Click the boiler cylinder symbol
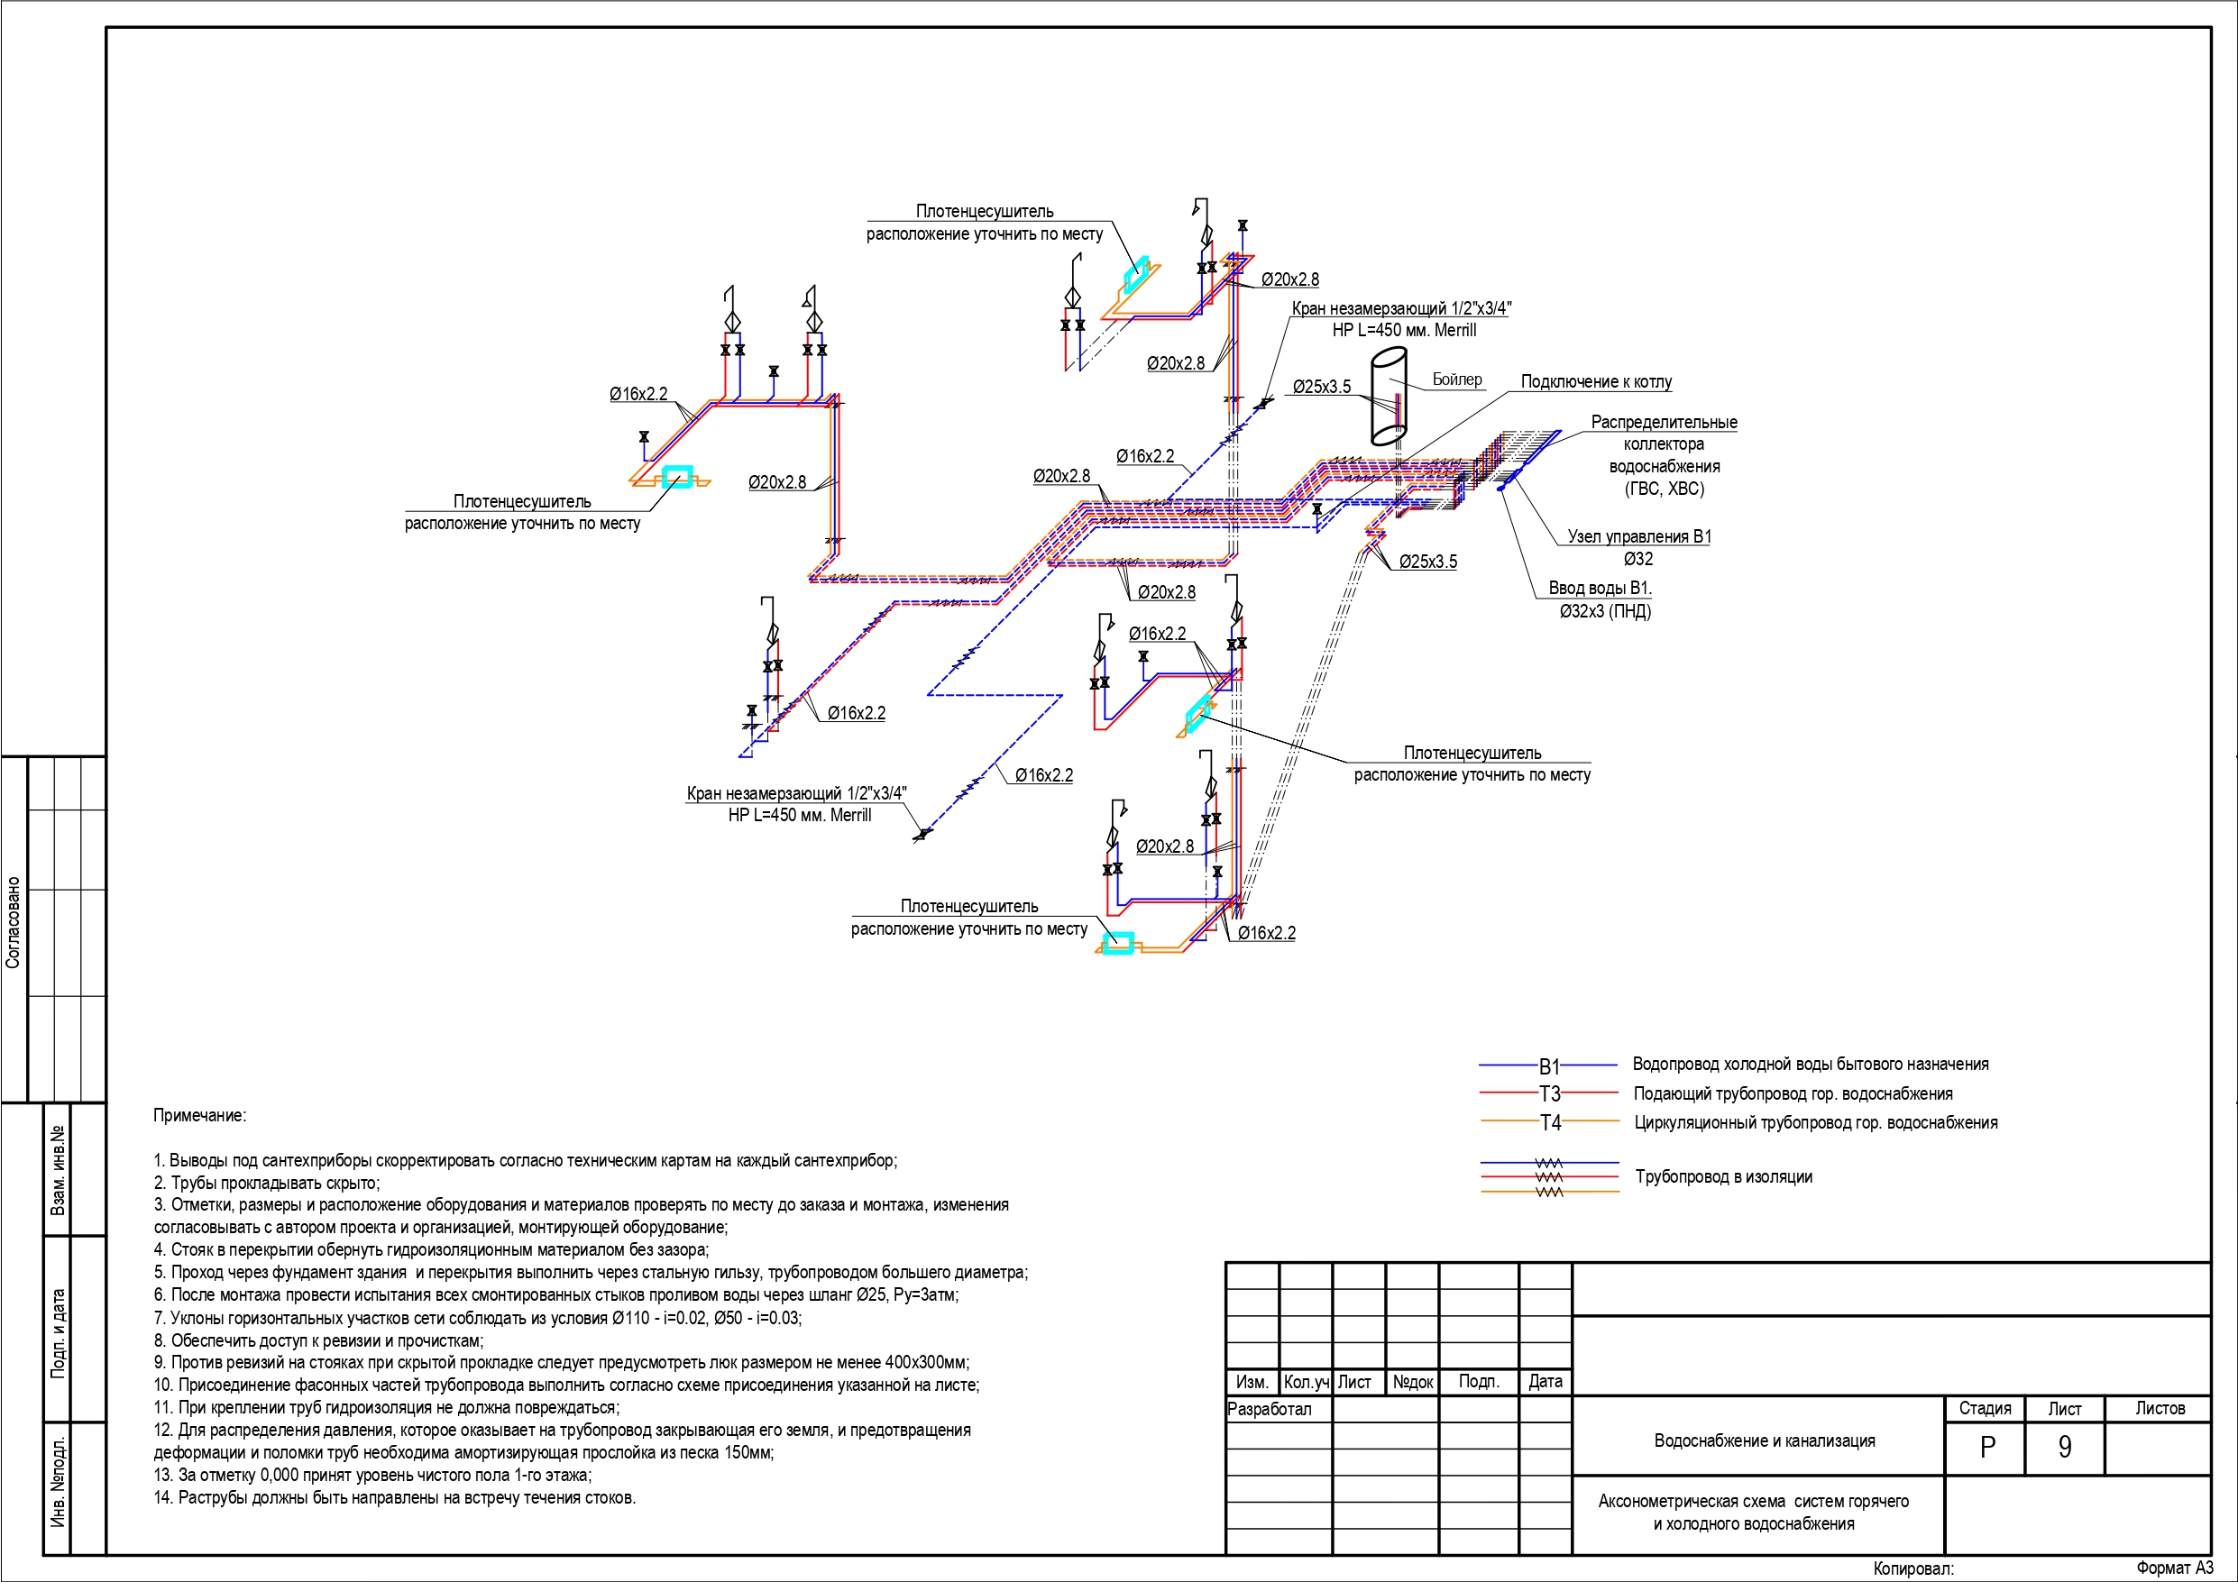coord(1389,398)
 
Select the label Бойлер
coord(1456,380)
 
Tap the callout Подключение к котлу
coord(1596,382)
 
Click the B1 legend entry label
coord(1550,1066)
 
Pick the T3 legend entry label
coord(1550,1093)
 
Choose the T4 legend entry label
coord(1550,1123)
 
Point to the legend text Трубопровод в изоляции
coord(1723,1176)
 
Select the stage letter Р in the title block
coord(1987,1448)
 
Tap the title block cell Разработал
coord(1269,1409)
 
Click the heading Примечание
coord(200,1115)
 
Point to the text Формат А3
coord(2175,1568)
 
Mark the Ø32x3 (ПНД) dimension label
coord(1604,612)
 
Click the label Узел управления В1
coord(1638,536)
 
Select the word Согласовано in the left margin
coord(13,922)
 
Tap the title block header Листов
coord(2160,1409)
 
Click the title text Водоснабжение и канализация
coord(1765,1440)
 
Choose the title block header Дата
coord(1545,1381)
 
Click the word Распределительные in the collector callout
coord(1664,422)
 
